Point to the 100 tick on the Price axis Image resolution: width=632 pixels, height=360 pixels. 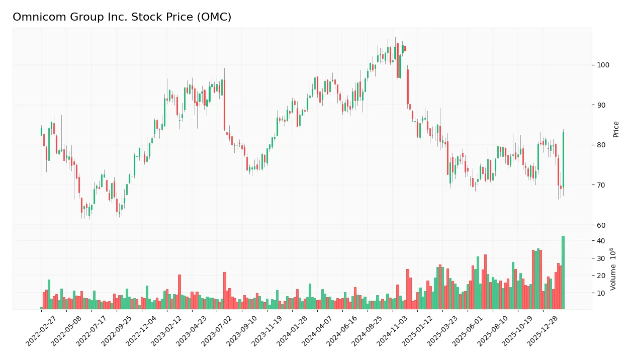(x=603, y=65)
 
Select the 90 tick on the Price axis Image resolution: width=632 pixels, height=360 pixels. (x=602, y=105)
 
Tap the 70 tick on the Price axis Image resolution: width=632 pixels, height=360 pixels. (x=602, y=185)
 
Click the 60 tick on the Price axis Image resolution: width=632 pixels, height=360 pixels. (x=602, y=225)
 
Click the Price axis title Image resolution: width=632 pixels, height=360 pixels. (x=616, y=129)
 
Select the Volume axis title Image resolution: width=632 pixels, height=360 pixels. (x=613, y=269)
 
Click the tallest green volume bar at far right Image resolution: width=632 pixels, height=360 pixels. (x=563, y=272)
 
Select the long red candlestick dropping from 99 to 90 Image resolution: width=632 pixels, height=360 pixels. (x=408, y=86)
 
